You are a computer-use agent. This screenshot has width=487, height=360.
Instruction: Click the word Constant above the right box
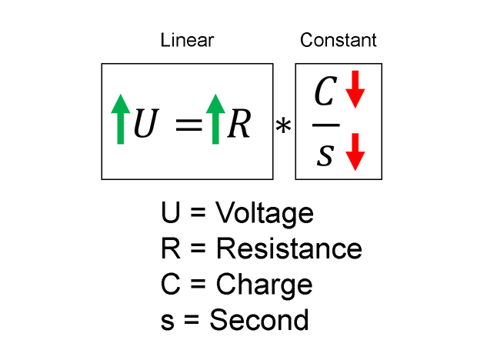click(339, 40)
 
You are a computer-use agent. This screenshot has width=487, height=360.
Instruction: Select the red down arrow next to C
click(355, 91)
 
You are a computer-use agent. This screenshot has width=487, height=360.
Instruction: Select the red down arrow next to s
click(355, 152)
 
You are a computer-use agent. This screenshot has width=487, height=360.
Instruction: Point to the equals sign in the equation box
click(188, 125)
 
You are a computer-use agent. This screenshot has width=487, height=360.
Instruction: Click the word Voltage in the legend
click(264, 213)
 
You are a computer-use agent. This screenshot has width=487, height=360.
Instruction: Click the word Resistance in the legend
click(289, 248)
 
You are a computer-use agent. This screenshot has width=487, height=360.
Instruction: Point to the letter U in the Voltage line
click(170, 213)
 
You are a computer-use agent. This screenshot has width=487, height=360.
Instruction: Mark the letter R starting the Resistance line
click(170, 248)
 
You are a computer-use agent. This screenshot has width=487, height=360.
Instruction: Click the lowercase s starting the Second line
click(168, 321)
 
